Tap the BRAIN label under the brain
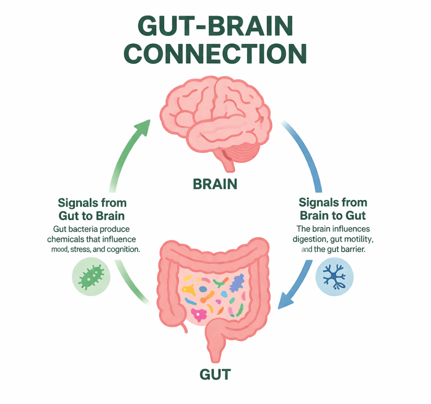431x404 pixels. [x=215, y=183]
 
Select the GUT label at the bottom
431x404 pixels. [x=215, y=373]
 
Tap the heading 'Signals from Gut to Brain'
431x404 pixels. [x=92, y=209]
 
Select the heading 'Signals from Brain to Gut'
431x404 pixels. [x=333, y=209]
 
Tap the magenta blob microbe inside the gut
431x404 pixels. [x=198, y=314]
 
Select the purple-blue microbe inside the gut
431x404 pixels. [x=237, y=282]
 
